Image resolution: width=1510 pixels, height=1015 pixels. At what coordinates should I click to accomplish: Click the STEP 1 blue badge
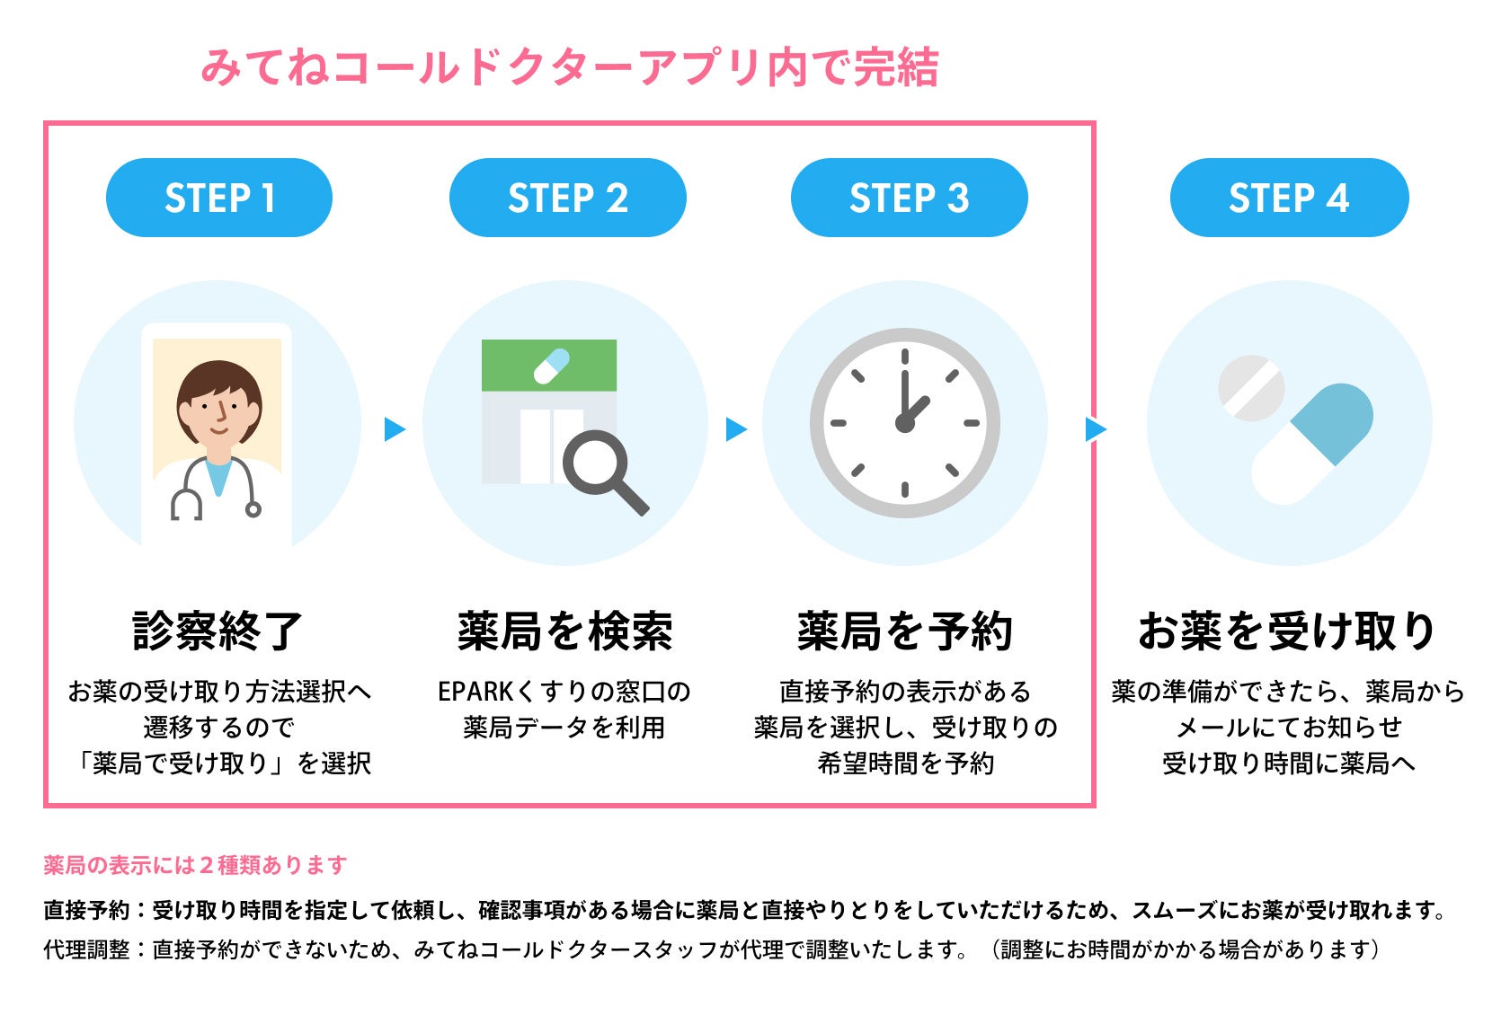click(x=219, y=198)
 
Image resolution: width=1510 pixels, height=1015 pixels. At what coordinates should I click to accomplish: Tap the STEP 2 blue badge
click(x=567, y=198)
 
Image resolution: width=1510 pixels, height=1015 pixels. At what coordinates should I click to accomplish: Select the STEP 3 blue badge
click(x=909, y=198)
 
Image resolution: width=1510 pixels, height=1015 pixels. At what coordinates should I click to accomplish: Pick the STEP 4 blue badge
click(x=1289, y=198)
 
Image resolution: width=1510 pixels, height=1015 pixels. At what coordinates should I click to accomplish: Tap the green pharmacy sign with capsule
click(x=549, y=366)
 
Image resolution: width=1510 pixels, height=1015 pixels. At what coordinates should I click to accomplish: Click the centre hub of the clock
click(x=904, y=423)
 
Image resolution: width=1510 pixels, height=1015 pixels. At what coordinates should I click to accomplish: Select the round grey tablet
click(x=1250, y=388)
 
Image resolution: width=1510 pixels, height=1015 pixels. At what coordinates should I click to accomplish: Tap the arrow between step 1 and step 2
click(x=394, y=429)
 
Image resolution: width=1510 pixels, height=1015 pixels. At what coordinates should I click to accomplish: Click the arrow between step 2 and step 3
click(x=735, y=429)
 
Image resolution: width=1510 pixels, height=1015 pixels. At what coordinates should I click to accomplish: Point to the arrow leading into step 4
click(x=1095, y=429)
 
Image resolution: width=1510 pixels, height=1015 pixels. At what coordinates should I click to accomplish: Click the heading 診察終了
click(x=218, y=631)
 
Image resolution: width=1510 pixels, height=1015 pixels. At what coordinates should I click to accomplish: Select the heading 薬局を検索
click(x=565, y=631)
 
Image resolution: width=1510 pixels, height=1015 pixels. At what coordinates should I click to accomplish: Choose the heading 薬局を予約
click(x=905, y=631)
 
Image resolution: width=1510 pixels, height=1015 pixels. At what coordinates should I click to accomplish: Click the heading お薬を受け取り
click(x=1287, y=631)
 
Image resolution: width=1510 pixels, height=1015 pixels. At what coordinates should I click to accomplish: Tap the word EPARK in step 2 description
click(x=475, y=692)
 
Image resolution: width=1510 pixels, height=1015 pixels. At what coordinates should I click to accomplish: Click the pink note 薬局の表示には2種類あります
click(x=195, y=865)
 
